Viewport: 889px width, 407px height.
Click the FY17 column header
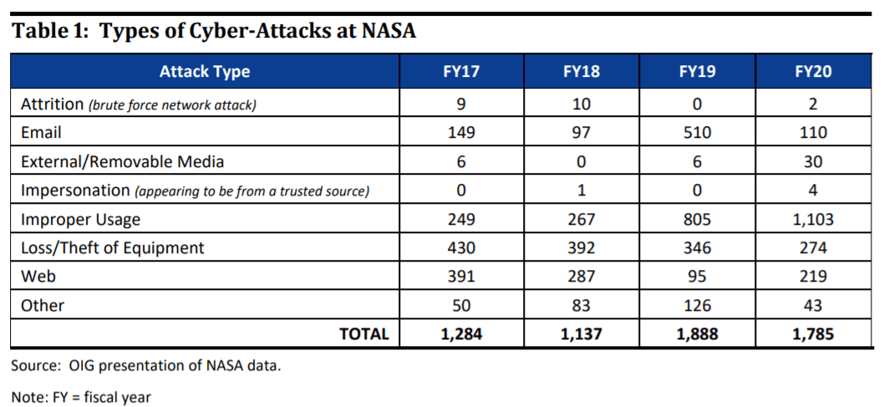pyautogui.click(x=461, y=72)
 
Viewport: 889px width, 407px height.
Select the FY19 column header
pyautogui.click(x=697, y=72)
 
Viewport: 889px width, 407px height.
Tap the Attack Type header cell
pyautogui.click(x=205, y=72)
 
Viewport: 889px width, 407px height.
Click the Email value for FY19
pyautogui.click(x=697, y=133)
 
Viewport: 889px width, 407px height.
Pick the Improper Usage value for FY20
pyautogui.click(x=812, y=219)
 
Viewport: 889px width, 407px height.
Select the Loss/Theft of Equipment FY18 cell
pyautogui.click(x=582, y=248)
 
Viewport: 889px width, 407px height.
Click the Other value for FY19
pyautogui.click(x=697, y=306)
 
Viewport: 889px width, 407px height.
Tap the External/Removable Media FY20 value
pyautogui.click(x=812, y=161)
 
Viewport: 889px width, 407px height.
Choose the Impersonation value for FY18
pyautogui.click(x=582, y=191)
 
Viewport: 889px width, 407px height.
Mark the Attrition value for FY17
pyautogui.click(x=461, y=104)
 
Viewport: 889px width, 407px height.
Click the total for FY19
pyautogui.click(x=697, y=334)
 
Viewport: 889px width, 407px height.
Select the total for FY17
pyautogui.click(x=461, y=334)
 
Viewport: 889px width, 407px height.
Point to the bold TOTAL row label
pyautogui.click(x=364, y=334)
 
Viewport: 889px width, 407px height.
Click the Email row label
pyautogui.click(x=41, y=133)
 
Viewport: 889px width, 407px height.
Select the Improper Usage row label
pyautogui.click(x=80, y=220)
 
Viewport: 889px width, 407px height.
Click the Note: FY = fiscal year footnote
pyautogui.click(x=81, y=397)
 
